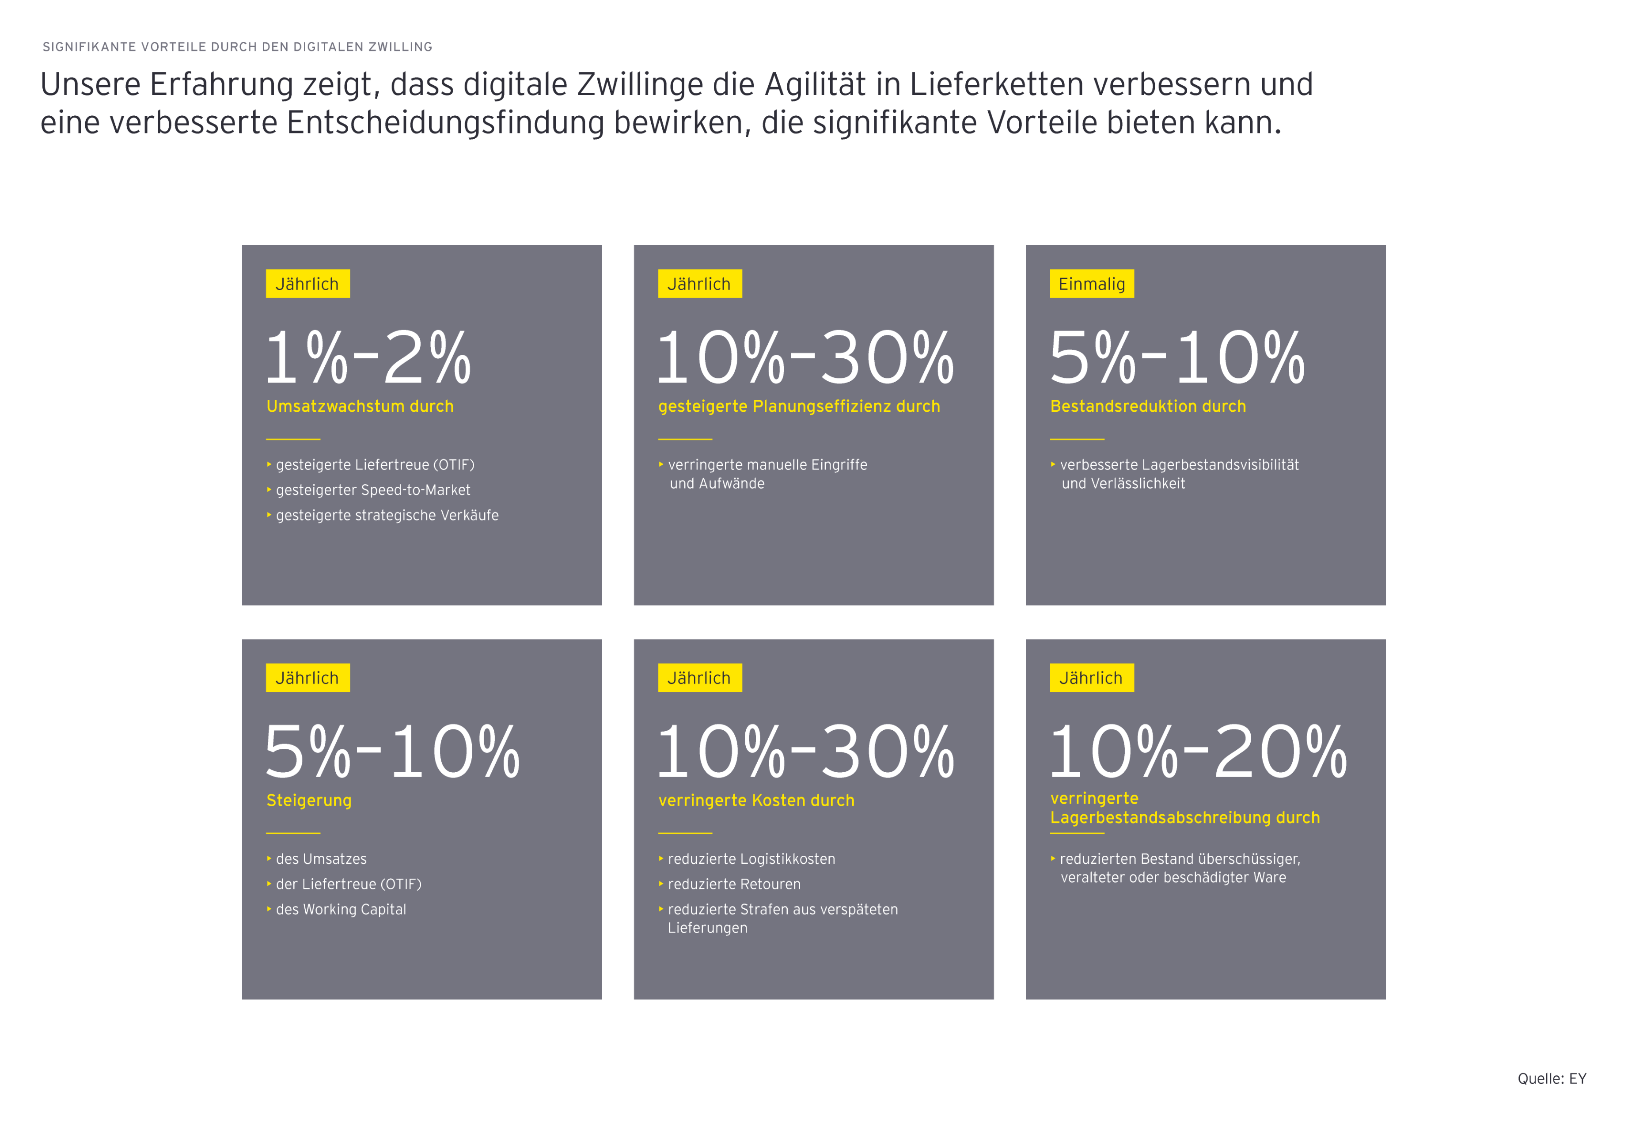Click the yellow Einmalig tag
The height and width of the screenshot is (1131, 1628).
(1091, 284)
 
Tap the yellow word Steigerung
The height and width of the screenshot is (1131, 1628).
(309, 800)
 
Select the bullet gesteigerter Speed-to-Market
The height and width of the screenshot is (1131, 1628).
(372, 490)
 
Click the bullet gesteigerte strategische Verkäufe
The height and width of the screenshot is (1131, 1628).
(387, 515)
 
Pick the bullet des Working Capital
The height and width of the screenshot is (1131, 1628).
(341, 909)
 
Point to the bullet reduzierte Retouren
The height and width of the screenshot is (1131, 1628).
(734, 884)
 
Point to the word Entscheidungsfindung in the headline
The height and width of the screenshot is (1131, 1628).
(445, 122)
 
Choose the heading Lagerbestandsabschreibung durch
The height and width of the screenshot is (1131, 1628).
(1184, 817)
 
